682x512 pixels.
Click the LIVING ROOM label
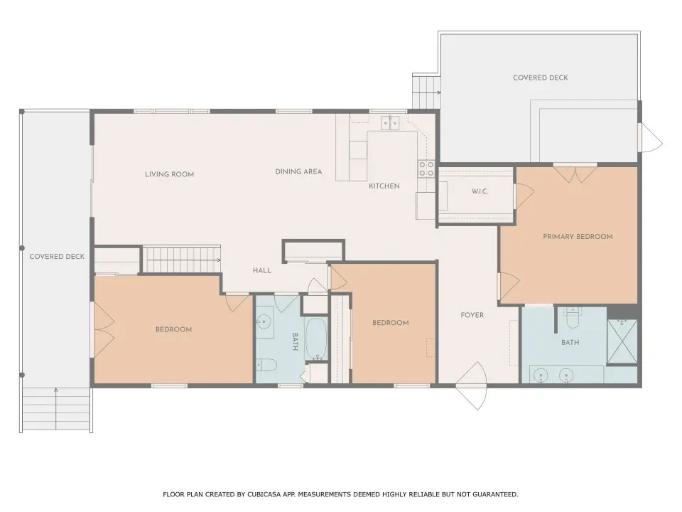(169, 174)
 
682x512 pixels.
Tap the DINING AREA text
(299, 171)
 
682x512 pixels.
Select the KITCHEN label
(384, 186)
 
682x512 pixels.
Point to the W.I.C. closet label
(480, 191)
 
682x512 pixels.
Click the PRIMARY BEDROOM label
(578, 236)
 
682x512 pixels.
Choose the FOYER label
(472, 315)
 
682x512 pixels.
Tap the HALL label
(262, 270)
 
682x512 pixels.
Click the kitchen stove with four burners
(426, 169)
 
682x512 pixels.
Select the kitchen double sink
(390, 123)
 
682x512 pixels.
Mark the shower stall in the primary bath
(622, 341)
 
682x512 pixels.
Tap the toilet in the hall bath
(265, 364)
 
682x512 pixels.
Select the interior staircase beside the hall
(182, 260)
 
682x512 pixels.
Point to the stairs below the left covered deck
(56, 410)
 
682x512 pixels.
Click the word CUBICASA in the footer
(264, 494)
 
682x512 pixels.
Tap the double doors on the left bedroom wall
(104, 323)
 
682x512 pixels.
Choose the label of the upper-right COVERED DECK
(540, 78)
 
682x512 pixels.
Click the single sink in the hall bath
(264, 322)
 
